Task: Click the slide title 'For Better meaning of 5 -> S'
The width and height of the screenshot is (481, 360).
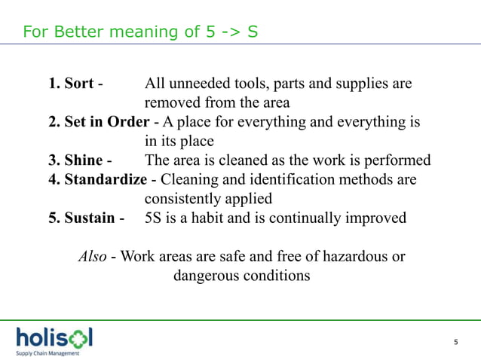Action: coord(141,32)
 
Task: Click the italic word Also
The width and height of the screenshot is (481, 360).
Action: coord(92,257)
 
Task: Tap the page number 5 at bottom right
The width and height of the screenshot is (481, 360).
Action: coord(455,343)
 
